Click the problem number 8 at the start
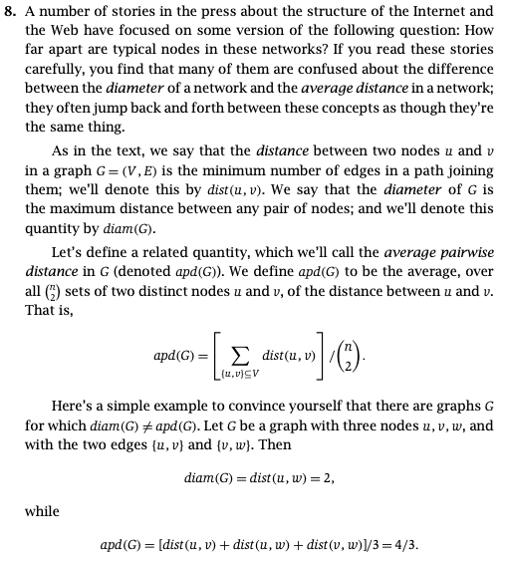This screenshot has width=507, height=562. click(x=12, y=12)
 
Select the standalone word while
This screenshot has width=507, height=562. click(x=42, y=511)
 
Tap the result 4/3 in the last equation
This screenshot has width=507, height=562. click(x=405, y=545)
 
